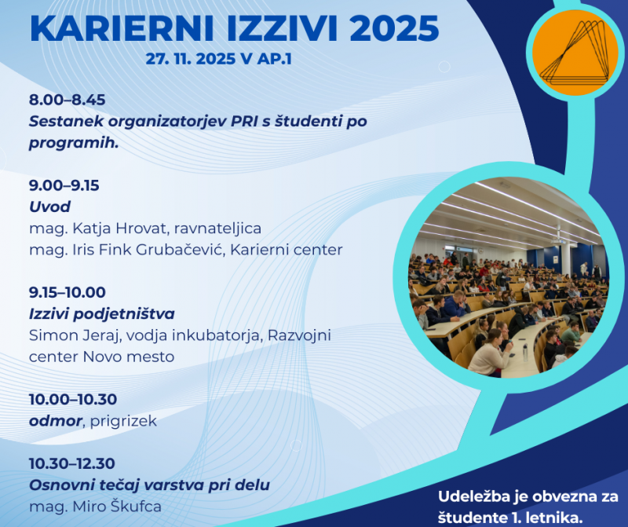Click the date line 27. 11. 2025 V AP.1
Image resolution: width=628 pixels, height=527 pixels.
(x=218, y=60)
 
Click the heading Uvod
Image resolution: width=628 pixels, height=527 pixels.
(x=49, y=207)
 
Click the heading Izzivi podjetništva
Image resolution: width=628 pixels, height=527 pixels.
(x=101, y=314)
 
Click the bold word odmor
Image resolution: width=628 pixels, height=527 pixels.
(x=55, y=421)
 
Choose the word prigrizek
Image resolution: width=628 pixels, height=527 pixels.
(x=123, y=421)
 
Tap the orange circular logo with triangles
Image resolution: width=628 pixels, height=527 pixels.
(x=574, y=53)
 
